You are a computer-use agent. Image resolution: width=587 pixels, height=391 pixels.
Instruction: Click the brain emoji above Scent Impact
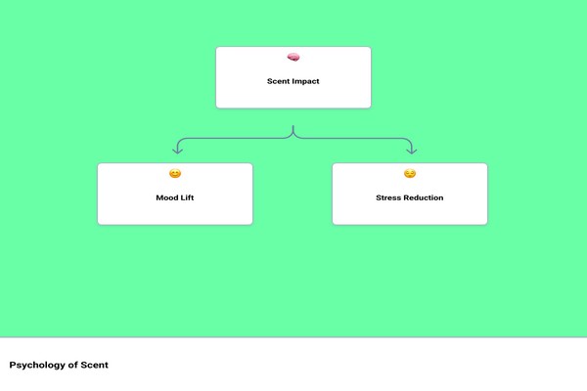coord(293,58)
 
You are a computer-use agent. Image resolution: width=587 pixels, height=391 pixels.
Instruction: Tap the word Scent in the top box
coord(278,81)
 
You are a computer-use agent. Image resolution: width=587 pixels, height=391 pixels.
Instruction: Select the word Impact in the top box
coord(306,81)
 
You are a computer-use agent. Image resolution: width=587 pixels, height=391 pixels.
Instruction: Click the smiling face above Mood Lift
coord(175,174)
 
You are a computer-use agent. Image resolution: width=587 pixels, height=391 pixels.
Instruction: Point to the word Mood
coord(166,197)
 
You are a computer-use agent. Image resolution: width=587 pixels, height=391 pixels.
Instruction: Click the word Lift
coord(187,197)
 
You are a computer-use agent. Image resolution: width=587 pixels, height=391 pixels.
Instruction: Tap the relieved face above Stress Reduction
coord(410,174)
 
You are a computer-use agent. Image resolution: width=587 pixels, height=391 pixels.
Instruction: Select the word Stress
coord(388,197)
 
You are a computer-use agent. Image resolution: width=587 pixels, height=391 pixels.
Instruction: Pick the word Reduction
coord(424,197)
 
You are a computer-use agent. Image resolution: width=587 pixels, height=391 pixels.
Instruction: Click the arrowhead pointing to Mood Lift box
coord(177,151)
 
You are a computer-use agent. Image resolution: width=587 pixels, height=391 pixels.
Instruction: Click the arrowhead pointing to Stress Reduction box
coord(412,151)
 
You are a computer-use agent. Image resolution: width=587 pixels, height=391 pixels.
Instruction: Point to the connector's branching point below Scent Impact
coord(293,136)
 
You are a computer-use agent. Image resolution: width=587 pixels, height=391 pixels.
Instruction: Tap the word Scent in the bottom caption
coord(94,365)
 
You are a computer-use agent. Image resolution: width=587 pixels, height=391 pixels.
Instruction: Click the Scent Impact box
coord(293,77)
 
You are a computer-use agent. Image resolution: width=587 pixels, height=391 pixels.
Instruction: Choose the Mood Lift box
coord(175,194)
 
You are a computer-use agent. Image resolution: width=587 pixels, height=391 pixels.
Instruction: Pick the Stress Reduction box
coord(410,194)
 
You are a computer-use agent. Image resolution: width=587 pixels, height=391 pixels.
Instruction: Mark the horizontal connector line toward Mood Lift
coord(236,139)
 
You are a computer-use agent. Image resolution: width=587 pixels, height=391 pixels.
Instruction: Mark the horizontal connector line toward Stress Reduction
coord(352,139)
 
